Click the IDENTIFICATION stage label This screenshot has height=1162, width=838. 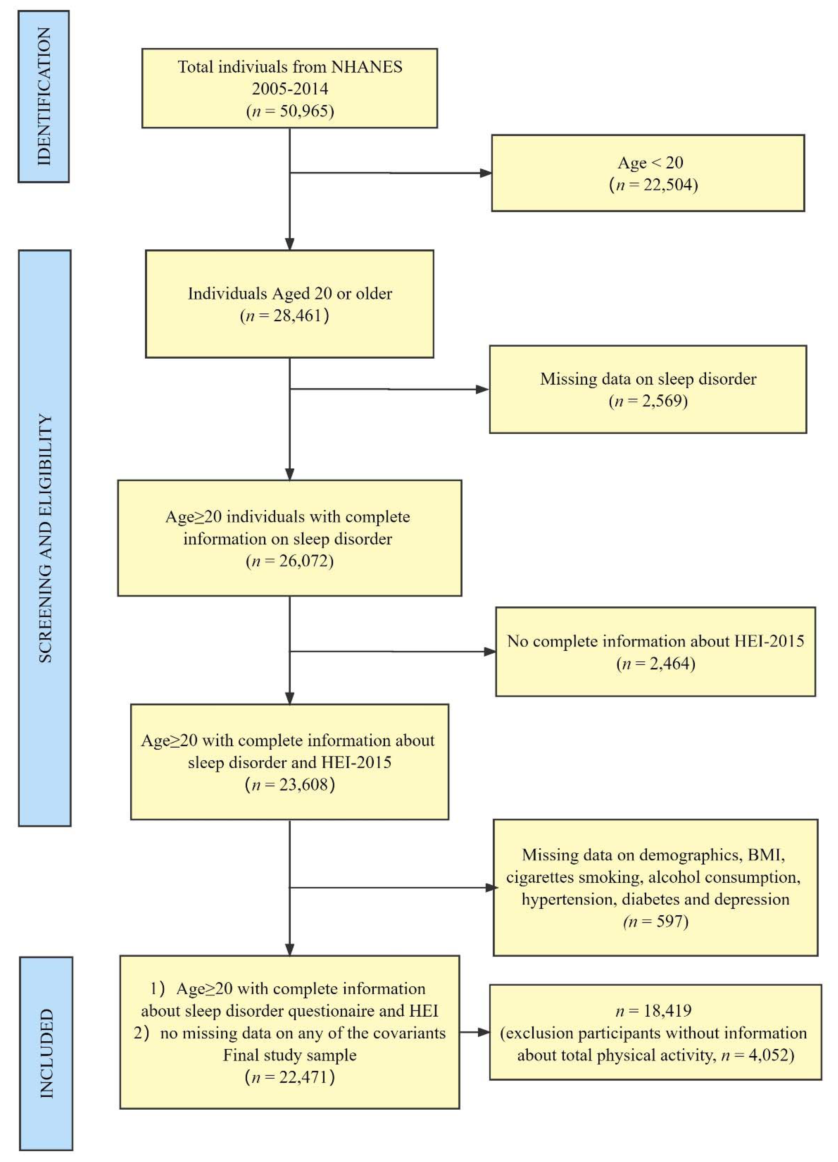(44, 96)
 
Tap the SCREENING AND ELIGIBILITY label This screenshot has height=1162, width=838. (45, 538)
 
